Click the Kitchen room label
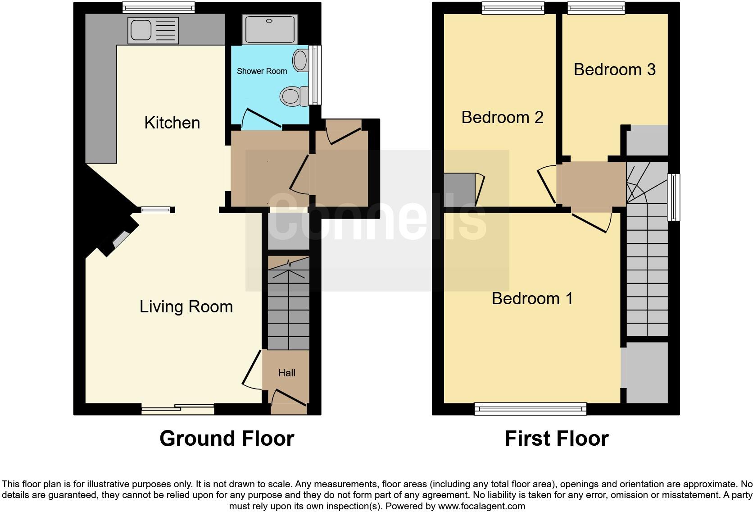(x=172, y=123)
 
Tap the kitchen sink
(x=153, y=30)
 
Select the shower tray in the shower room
(x=269, y=30)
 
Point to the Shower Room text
(x=262, y=71)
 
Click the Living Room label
(x=186, y=306)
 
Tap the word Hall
(x=287, y=373)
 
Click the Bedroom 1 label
(x=532, y=298)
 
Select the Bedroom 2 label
(x=502, y=117)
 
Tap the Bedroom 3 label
(x=614, y=69)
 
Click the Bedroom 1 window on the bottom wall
(x=531, y=409)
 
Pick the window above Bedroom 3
(x=596, y=7)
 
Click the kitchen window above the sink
(x=159, y=7)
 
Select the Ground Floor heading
(x=227, y=439)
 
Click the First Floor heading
(x=556, y=439)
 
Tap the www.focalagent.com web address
(x=481, y=506)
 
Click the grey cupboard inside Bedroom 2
(x=459, y=190)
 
